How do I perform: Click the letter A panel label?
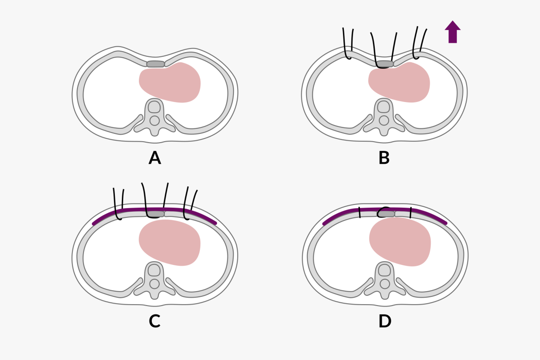[x=155, y=158]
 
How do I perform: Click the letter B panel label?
[x=384, y=158]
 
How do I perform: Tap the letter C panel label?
[x=155, y=321]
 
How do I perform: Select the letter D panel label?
[x=384, y=321]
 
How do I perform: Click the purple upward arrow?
[x=452, y=32]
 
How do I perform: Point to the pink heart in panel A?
[x=170, y=82]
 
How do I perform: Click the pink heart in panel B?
[x=399, y=82]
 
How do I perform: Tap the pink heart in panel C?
[x=170, y=243]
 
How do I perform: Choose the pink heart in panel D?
[x=400, y=242]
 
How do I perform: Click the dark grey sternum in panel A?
[x=156, y=64]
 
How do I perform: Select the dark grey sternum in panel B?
[x=384, y=64]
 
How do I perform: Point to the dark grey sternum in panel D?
[x=386, y=214]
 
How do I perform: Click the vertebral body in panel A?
[x=155, y=107]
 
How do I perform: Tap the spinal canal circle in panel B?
[x=384, y=120]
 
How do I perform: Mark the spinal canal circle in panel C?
[x=155, y=284]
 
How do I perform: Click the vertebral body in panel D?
[x=384, y=270]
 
